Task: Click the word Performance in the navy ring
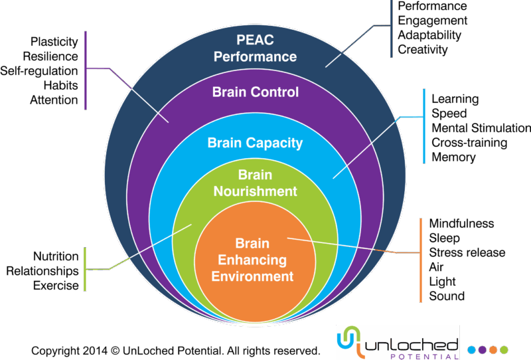coord(255,57)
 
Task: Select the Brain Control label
coord(256,92)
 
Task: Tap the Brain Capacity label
coord(255,143)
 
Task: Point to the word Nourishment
coord(256,191)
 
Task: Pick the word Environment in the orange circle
coord(253,276)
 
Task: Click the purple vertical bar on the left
coord(86,69)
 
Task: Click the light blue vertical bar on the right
coord(424,126)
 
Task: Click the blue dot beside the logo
coord(472,349)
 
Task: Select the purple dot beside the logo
coord(483,349)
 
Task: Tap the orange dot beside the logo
coord(493,349)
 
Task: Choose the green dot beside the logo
coord(504,349)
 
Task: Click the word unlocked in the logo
coord(412,343)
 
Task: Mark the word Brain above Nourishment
coord(256,175)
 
